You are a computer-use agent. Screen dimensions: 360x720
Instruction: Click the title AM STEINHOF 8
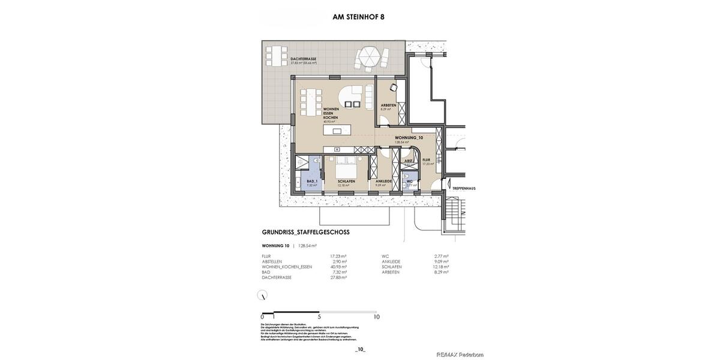[358, 17]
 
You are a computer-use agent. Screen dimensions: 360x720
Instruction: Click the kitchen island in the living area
[336, 130]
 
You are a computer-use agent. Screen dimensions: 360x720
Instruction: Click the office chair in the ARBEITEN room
[394, 88]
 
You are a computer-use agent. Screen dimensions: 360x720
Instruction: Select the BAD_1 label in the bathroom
[311, 181]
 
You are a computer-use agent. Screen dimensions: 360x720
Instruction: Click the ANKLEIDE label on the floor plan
[384, 181]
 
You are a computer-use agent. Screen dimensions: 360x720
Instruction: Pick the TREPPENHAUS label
[464, 188]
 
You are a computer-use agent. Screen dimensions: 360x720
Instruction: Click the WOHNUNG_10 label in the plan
[409, 137]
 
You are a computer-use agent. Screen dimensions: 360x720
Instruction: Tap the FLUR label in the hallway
[426, 160]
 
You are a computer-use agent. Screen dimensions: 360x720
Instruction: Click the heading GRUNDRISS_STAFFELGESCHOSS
[305, 232]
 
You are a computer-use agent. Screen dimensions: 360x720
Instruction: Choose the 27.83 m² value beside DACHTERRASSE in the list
[338, 277]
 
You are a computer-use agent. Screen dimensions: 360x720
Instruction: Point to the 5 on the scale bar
[320, 317]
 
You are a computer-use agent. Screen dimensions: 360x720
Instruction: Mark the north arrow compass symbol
[262, 295]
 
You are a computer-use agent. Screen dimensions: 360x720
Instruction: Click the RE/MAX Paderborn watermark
[460, 355]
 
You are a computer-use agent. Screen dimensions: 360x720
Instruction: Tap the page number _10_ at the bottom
[360, 349]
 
